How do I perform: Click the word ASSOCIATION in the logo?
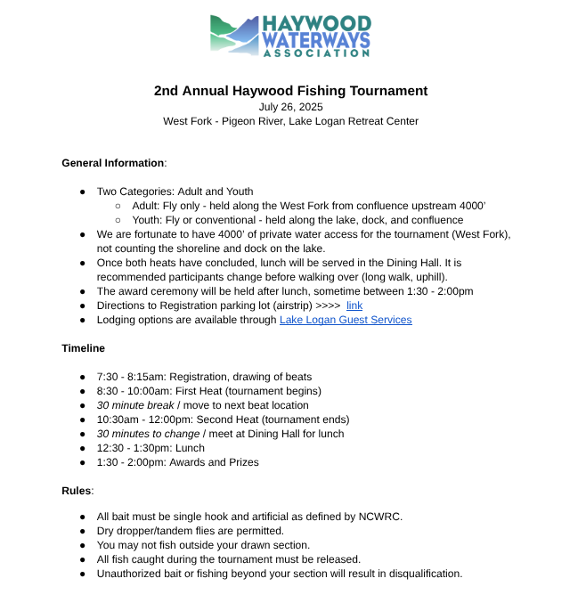316,53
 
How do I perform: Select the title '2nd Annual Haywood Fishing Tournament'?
290,91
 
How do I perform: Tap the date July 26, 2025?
290,107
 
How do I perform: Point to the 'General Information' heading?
113,163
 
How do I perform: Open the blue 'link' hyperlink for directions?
354,305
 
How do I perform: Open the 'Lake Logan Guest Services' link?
346,320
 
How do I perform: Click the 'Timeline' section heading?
83,348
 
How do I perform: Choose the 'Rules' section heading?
76,491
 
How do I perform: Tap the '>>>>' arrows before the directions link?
329,305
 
